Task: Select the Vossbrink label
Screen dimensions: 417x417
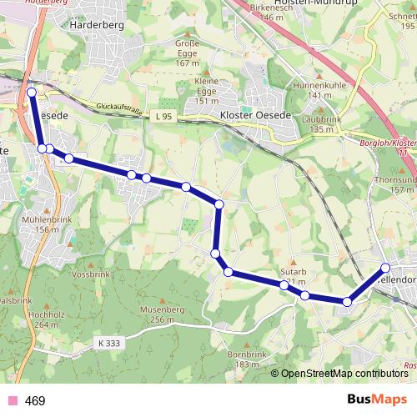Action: [91, 274]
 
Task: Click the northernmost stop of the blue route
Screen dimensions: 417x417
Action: [32, 93]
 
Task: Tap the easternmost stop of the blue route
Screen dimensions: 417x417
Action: [385, 268]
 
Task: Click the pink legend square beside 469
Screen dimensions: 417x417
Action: [11, 401]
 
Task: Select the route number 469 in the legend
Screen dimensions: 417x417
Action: [35, 401]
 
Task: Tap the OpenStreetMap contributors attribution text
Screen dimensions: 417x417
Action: [344, 374]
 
